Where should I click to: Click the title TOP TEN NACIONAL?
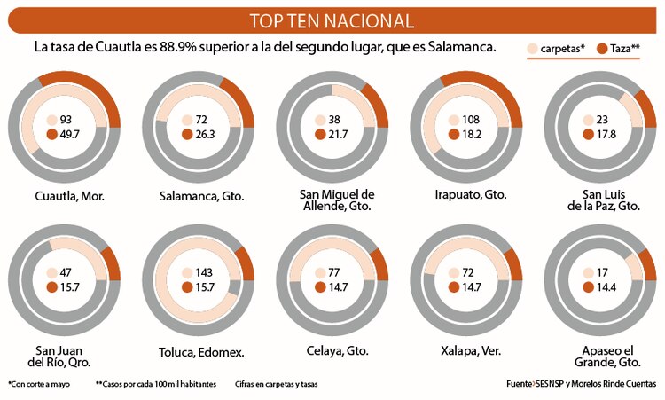click(332, 20)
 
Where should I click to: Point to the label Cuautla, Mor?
click(70, 195)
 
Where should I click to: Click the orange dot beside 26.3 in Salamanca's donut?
click(186, 134)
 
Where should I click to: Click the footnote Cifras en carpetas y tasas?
click(277, 384)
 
